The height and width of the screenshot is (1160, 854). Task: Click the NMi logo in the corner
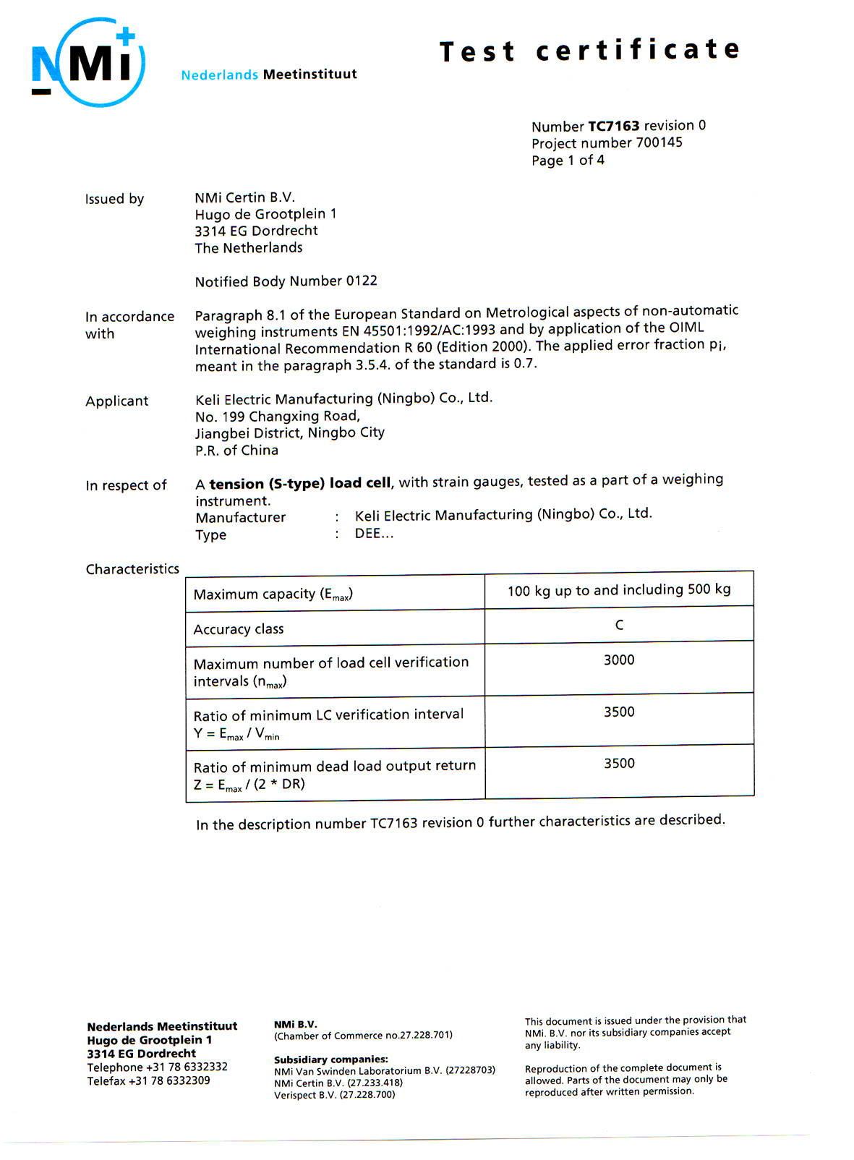[88, 64]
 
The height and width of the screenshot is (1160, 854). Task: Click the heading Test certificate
[589, 51]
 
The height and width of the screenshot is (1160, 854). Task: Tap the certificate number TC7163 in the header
[613, 126]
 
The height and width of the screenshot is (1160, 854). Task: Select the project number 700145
[659, 142]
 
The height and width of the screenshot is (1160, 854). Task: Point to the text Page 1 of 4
[568, 161]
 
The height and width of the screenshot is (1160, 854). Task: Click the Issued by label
[114, 199]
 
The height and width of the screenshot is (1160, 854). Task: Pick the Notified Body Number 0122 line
[286, 281]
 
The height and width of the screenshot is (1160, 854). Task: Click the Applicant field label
[117, 401]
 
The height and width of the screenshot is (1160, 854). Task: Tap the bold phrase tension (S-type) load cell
[300, 484]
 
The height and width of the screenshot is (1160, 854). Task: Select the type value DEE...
[373, 534]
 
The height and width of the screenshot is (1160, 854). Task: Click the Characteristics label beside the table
[132, 569]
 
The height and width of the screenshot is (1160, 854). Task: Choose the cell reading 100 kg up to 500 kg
[619, 590]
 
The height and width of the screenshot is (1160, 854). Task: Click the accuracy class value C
[619, 625]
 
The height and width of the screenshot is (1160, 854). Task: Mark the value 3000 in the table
[619, 660]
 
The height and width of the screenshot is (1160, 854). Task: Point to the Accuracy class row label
[239, 629]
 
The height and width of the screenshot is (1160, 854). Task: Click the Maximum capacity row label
[273, 594]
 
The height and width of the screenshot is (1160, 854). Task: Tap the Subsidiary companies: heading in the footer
[330, 1059]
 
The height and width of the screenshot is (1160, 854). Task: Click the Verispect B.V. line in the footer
[334, 1095]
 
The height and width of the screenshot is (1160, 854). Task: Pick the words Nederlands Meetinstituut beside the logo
[269, 74]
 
